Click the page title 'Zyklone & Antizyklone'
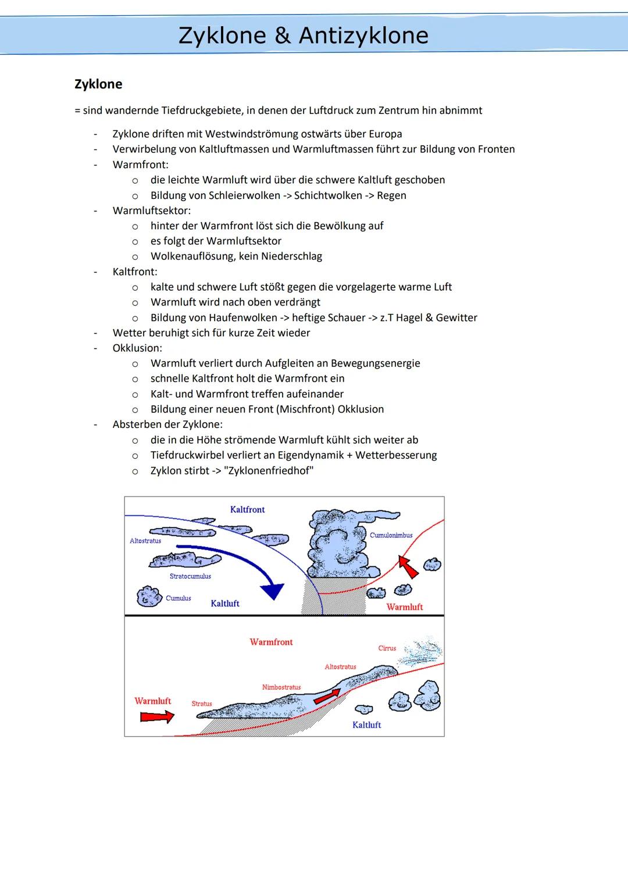(x=303, y=35)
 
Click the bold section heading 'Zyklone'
(x=98, y=84)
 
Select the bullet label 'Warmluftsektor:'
(x=151, y=211)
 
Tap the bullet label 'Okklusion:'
(x=137, y=348)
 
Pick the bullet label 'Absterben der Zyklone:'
(x=167, y=424)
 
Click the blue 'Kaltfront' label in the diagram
(x=247, y=509)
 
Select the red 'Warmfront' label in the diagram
(x=271, y=642)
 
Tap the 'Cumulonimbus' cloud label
(x=391, y=535)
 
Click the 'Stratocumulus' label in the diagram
(x=190, y=576)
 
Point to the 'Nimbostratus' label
(x=281, y=687)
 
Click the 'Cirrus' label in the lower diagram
(x=387, y=648)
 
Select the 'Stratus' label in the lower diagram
(x=202, y=704)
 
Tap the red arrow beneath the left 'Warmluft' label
(x=156, y=716)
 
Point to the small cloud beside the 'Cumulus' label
(x=149, y=597)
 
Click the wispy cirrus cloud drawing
(x=423, y=651)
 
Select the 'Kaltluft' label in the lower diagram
(x=366, y=725)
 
